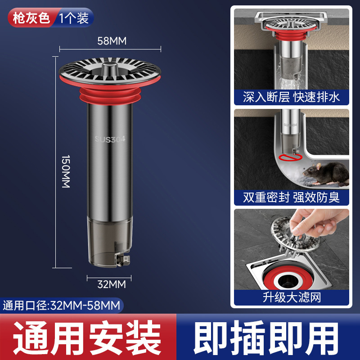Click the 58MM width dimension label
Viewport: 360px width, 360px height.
112,41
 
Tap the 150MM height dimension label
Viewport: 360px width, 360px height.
66,171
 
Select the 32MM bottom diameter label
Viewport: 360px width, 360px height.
111,284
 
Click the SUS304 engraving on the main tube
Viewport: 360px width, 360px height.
110,139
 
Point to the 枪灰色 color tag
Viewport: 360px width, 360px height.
31,18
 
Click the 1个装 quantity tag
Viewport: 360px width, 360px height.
74,18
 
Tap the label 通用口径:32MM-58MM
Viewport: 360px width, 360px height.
62,306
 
